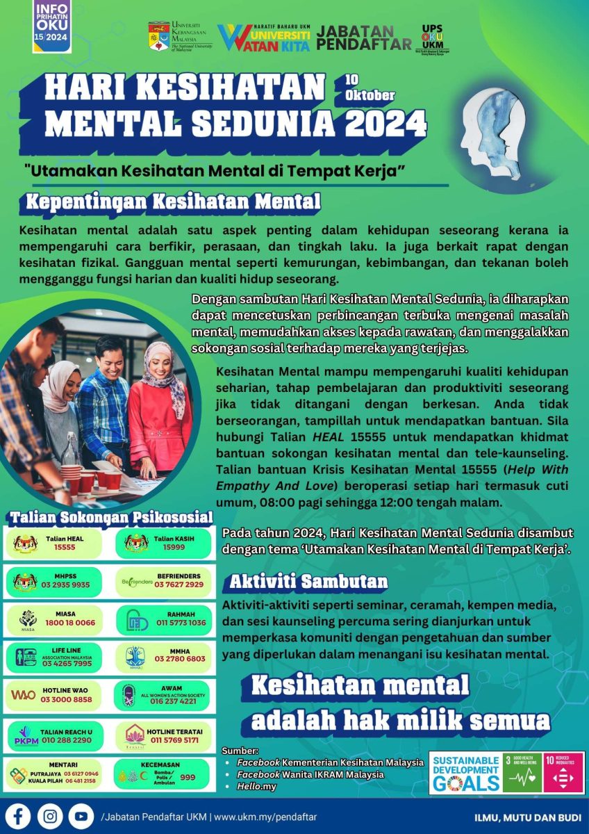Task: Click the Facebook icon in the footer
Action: (20, 815)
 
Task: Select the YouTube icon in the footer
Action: (81, 815)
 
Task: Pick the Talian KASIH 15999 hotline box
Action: (162, 543)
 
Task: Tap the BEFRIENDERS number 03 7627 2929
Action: (179, 584)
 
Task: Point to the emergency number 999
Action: (188, 778)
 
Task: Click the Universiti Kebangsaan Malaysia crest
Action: (159, 37)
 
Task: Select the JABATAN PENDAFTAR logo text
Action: (364, 38)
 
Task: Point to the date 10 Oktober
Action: (369, 88)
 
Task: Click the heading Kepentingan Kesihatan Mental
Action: (173, 202)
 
